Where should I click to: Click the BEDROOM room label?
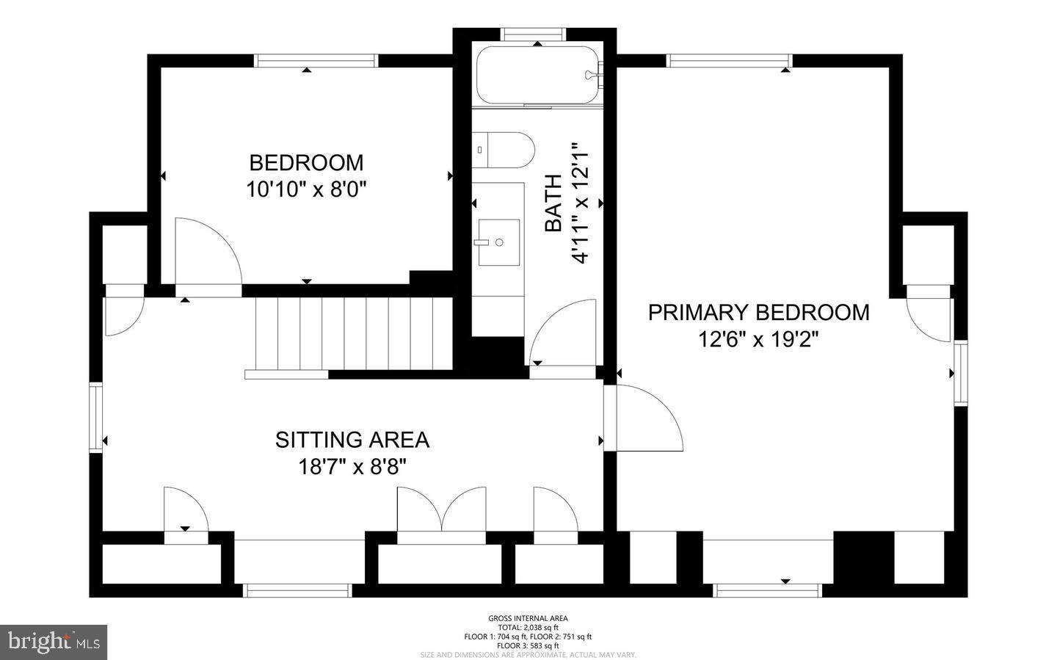[x=306, y=162]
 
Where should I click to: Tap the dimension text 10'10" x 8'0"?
[x=306, y=189]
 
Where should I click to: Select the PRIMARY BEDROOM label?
[x=758, y=312]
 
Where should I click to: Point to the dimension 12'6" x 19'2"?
[x=758, y=340]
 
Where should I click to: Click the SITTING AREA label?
[x=352, y=440]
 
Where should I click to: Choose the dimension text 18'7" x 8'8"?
[x=352, y=467]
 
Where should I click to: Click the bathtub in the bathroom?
[x=539, y=76]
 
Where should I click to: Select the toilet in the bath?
[x=503, y=150]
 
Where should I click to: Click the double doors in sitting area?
[x=441, y=511]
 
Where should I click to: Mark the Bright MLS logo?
[x=54, y=642]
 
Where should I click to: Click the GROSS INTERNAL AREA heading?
[x=528, y=618]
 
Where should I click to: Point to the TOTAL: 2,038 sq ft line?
[x=528, y=628]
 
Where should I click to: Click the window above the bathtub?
[x=534, y=34]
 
